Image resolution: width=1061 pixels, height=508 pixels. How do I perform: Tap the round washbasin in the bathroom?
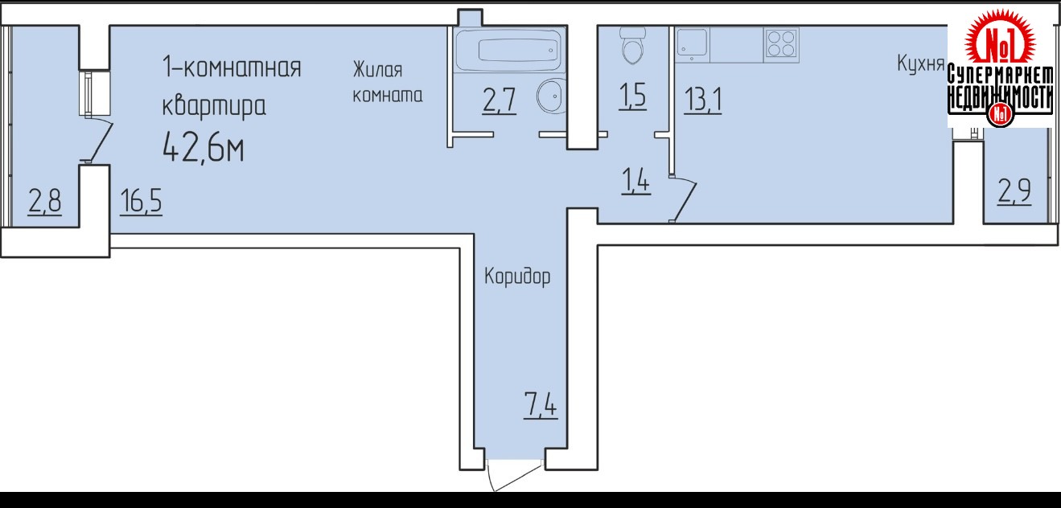[551, 96]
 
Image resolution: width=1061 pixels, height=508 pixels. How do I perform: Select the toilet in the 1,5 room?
[632, 46]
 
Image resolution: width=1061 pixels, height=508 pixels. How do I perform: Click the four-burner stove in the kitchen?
[781, 43]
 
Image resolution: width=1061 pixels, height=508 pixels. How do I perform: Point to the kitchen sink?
[692, 43]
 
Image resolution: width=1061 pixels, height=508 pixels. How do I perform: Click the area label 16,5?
[141, 201]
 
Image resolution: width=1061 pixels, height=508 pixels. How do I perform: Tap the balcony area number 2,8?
[44, 201]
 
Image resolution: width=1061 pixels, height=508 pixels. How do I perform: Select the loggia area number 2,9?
[1014, 191]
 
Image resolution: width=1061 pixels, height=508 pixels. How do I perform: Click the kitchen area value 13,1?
[703, 100]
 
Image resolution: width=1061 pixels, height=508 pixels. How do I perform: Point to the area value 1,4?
[635, 181]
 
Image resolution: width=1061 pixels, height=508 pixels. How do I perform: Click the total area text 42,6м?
[204, 147]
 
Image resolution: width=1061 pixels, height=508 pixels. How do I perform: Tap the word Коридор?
[517, 276]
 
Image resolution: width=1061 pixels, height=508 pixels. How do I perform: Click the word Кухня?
[921, 63]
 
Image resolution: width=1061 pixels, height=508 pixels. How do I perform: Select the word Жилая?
[377, 70]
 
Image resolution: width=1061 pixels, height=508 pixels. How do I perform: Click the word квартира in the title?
[214, 106]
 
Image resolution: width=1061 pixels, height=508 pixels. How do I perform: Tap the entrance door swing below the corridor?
[514, 476]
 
